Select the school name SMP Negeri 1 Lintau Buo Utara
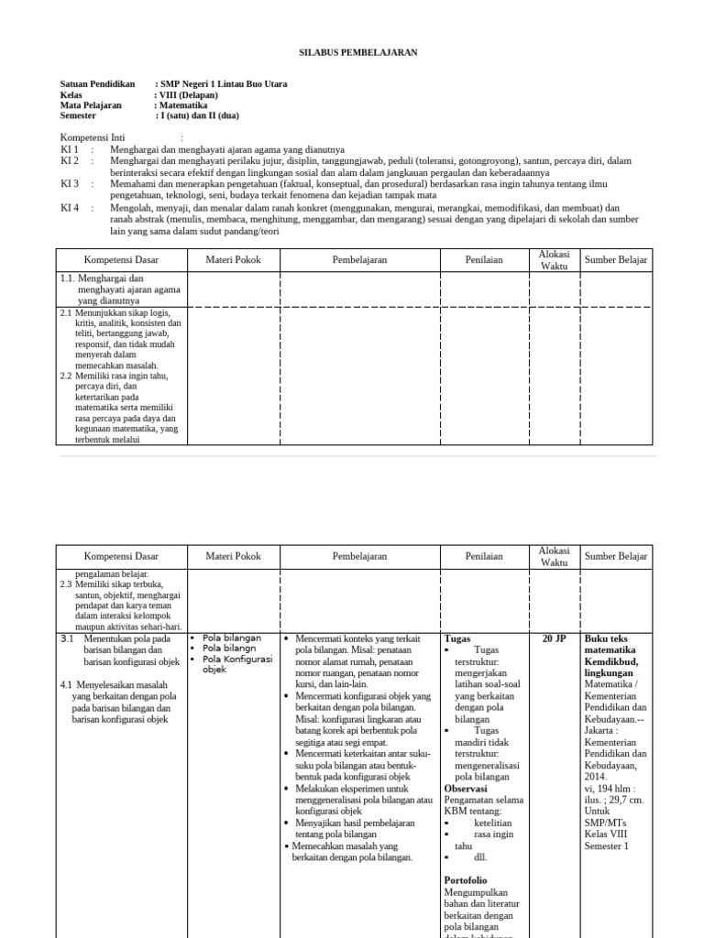(x=224, y=84)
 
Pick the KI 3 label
(x=71, y=183)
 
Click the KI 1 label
(x=71, y=148)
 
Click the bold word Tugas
(x=457, y=638)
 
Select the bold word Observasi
(x=465, y=788)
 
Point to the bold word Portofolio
(x=466, y=880)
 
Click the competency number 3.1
(x=66, y=638)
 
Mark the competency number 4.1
(x=66, y=684)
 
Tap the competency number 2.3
(x=66, y=584)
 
